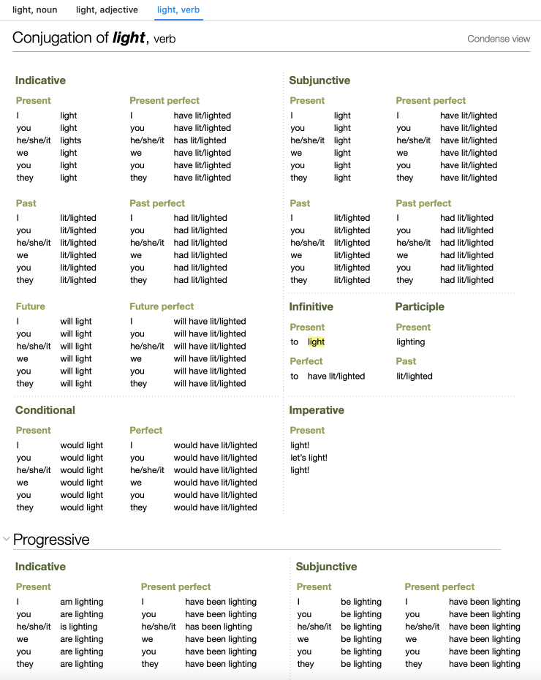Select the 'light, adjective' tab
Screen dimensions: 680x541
click(x=107, y=10)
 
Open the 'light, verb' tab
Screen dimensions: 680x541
click(x=178, y=10)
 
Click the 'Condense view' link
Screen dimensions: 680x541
click(x=499, y=39)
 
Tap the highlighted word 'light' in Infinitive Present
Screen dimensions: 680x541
click(x=316, y=342)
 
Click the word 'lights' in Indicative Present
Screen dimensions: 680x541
click(x=71, y=140)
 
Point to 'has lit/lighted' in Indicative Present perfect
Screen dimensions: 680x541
click(x=200, y=140)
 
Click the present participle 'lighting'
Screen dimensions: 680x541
click(x=410, y=342)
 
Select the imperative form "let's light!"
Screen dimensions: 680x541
click(x=309, y=458)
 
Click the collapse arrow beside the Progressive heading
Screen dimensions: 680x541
click(x=7, y=540)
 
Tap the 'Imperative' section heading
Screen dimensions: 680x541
click(x=316, y=410)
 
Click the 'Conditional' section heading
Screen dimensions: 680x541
click(x=45, y=410)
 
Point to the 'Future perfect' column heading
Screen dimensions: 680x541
click(x=162, y=306)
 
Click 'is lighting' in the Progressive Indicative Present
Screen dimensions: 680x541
click(x=79, y=627)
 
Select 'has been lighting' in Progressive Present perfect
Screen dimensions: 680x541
click(x=218, y=627)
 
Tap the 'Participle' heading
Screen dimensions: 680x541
click(x=420, y=307)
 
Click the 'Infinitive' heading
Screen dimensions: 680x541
click(x=311, y=307)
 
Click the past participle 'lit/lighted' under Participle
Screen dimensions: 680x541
click(x=415, y=377)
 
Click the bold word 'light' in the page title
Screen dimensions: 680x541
click(x=129, y=38)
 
